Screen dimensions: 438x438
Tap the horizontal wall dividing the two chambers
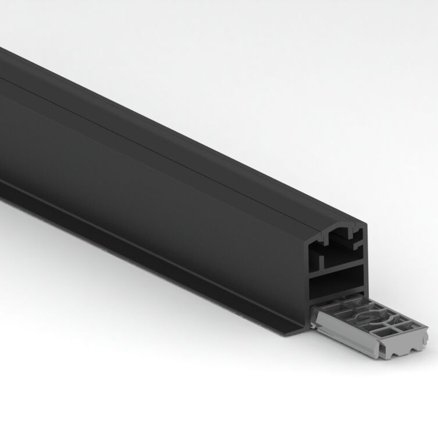tap(336, 272)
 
